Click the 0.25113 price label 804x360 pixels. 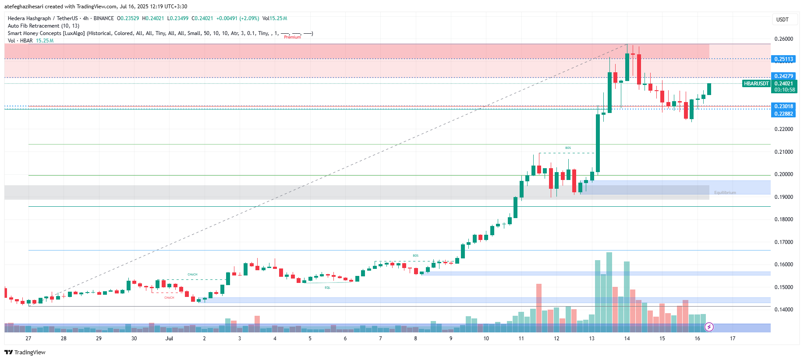[x=783, y=59]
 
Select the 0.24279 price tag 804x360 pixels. [x=783, y=76]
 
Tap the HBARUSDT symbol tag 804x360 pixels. [x=756, y=84]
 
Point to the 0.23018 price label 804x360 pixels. [x=783, y=106]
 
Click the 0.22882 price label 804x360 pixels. [x=783, y=114]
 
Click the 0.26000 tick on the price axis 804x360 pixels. [x=783, y=39]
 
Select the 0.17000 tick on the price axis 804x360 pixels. [x=783, y=242]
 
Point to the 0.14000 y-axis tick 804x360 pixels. [x=783, y=310]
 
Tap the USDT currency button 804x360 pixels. [x=782, y=20]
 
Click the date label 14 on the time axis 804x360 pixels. [x=627, y=339]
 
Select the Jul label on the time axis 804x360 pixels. [x=169, y=339]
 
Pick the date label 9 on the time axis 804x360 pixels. [x=451, y=339]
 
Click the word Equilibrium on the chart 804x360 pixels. [x=725, y=193]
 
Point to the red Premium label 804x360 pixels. [x=292, y=37]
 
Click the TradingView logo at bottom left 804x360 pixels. [x=25, y=352]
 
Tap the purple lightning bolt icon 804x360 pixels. [x=709, y=327]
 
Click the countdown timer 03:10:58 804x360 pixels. [x=784, y=90]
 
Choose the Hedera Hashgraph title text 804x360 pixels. [x=29, y=18]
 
